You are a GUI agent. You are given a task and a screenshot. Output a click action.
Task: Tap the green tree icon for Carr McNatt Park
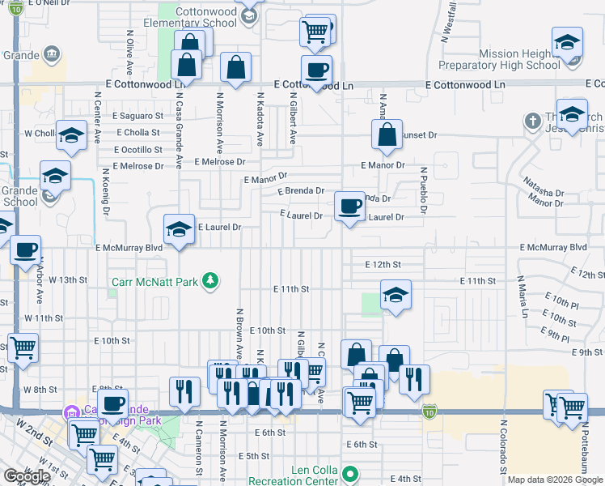[210, 281]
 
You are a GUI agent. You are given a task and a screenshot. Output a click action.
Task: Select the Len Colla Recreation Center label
[302, 475]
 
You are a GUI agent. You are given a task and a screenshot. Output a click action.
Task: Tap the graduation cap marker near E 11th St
[396, 295]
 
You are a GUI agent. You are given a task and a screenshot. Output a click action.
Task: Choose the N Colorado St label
[502, 446]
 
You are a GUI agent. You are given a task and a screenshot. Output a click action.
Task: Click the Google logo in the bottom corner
[27, 476]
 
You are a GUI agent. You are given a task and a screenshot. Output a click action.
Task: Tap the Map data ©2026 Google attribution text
[554, 480]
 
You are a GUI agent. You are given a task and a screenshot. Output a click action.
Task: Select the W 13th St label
[67, 279]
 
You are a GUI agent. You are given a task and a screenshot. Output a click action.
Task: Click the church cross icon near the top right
[531, 122]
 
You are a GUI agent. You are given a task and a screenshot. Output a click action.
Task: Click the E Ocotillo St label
[138, 150]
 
